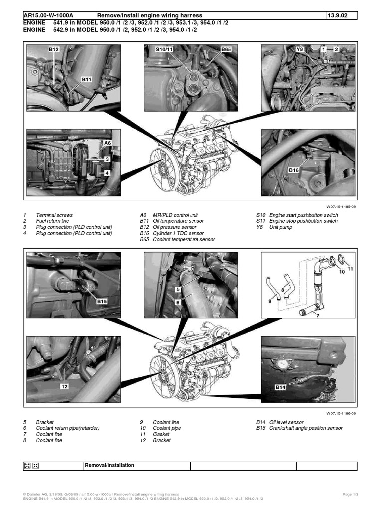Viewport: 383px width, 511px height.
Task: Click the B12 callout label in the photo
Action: coord(54,50)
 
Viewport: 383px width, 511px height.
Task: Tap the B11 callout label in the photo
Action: coord(87,79)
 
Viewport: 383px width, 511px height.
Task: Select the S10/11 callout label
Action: coord(164,50)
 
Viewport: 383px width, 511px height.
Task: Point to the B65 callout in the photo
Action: coord(226,50)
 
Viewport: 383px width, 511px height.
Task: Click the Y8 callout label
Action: coord(300,50)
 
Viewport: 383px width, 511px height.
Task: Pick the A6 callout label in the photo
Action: coord(107,143)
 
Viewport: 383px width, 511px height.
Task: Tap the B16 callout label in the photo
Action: coord(294,170)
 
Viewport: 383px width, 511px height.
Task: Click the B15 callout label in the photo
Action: coord(102,301)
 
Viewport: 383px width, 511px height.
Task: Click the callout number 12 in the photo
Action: coord(64,386)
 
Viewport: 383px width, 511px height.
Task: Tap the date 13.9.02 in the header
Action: coord(336,16)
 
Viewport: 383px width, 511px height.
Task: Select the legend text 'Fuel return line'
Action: coord(53,221)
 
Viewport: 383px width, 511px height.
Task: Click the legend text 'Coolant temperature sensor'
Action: coord(185,239)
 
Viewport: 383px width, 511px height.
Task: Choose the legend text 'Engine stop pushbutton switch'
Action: coord(303,221)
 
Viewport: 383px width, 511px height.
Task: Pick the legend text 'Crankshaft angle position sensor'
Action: coord(306,428)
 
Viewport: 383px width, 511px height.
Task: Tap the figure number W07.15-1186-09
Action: coord(341,413)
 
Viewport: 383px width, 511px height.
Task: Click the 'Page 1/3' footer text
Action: coord(350,494)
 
